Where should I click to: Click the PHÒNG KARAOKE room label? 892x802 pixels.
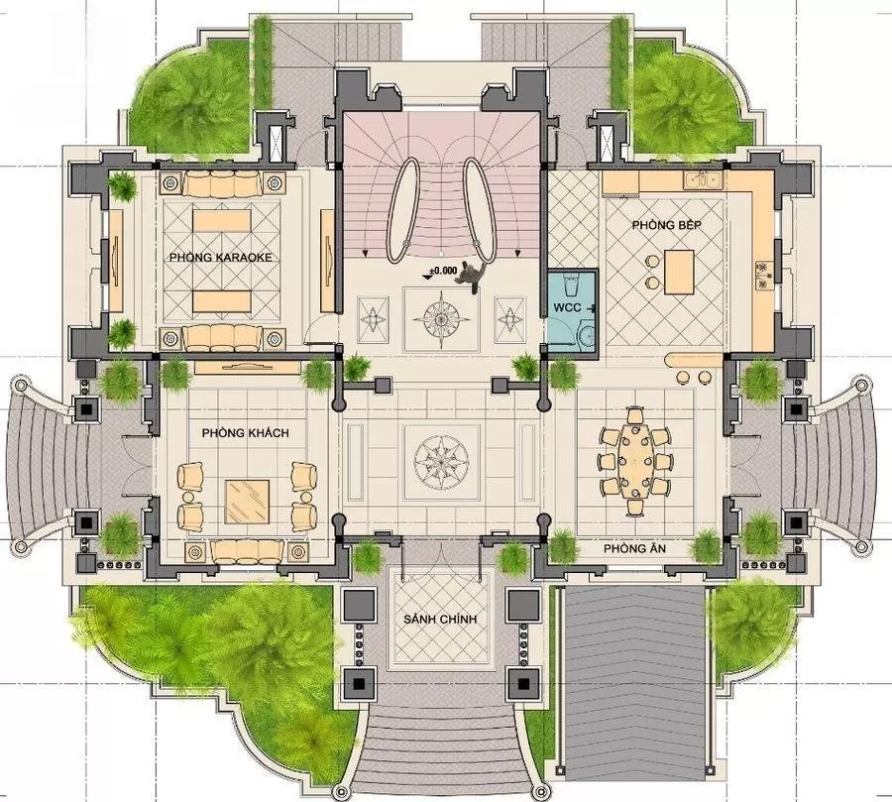coord(221,258)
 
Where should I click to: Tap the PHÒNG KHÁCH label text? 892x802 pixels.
coord(245,433)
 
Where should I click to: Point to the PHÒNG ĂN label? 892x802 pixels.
coord(634,548)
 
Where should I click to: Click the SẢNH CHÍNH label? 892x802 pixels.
coord(440,620)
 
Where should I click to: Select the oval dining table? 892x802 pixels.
coord(634,462)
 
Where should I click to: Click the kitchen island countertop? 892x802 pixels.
coord(679,272)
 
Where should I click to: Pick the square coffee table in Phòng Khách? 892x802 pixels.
coord(247,501)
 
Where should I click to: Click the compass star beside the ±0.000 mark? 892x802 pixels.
coord(441,319)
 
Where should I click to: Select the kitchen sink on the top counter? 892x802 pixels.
coord(703,179)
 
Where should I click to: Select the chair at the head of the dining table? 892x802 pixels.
coord(635,415)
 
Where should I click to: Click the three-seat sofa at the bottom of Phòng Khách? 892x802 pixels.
coord(247,551)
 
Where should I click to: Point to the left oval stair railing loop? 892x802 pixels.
coord(402,209)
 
